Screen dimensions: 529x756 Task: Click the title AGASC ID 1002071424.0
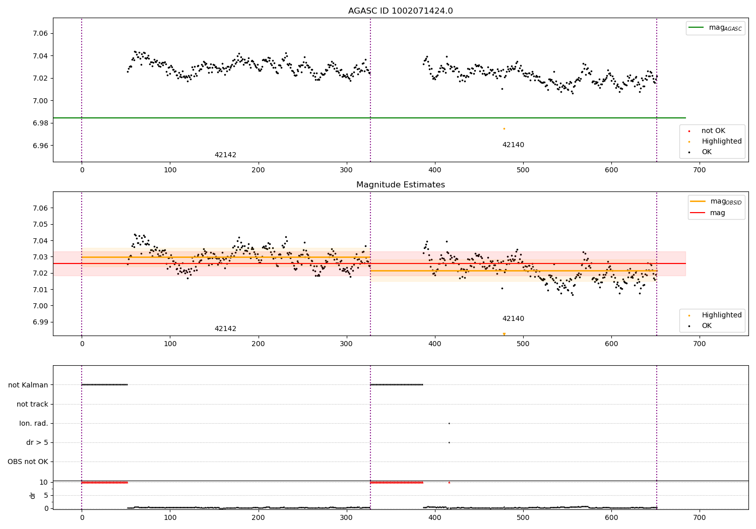400,11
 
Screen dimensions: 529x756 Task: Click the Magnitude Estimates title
400,185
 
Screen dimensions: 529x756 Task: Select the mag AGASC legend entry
725,28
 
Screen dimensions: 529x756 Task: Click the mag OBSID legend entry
725,202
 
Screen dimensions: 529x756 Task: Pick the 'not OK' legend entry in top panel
713,131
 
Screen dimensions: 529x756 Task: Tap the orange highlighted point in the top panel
503,128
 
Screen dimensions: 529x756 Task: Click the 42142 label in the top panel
225,155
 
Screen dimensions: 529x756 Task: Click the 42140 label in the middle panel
513,319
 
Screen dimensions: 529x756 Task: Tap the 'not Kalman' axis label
28,385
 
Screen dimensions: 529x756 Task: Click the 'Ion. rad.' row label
34,424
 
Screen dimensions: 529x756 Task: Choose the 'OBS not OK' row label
28,462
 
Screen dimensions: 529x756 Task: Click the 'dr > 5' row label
37,443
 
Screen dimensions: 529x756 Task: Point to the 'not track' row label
32,405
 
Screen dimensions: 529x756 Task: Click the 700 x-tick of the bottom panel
699,517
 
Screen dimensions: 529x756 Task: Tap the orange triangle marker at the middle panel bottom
504,334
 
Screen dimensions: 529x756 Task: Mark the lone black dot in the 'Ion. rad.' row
449,423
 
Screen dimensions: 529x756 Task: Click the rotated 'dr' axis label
33,495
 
